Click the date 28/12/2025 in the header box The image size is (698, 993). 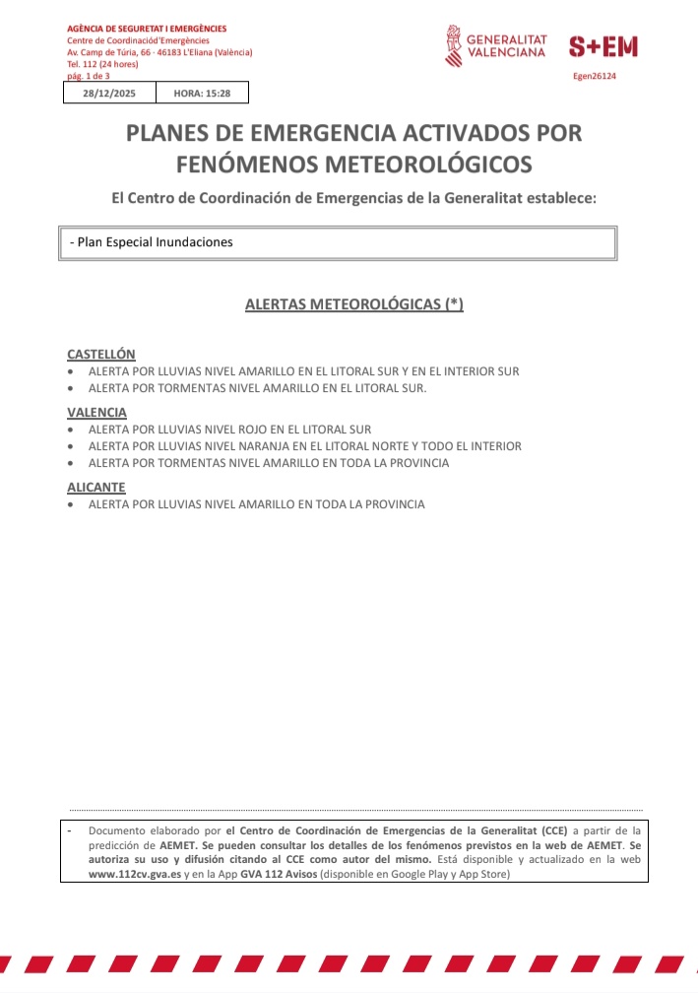tap(109, 93)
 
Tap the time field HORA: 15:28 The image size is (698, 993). tap(203, 93)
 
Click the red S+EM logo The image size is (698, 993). tap(603, 45)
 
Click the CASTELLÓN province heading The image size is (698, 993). tap(101, 354)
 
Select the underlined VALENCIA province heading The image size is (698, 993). tap(96, 412)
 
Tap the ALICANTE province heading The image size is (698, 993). tap(96, 487)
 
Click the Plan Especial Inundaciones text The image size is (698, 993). tap(152, 241)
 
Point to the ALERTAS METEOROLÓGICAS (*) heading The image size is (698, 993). tap(353, 304)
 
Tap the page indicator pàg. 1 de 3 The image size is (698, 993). tap(89, 75)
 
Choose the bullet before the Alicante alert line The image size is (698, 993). tap(71, 504)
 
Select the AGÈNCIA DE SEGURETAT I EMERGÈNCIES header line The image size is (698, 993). tap(147, 29)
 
